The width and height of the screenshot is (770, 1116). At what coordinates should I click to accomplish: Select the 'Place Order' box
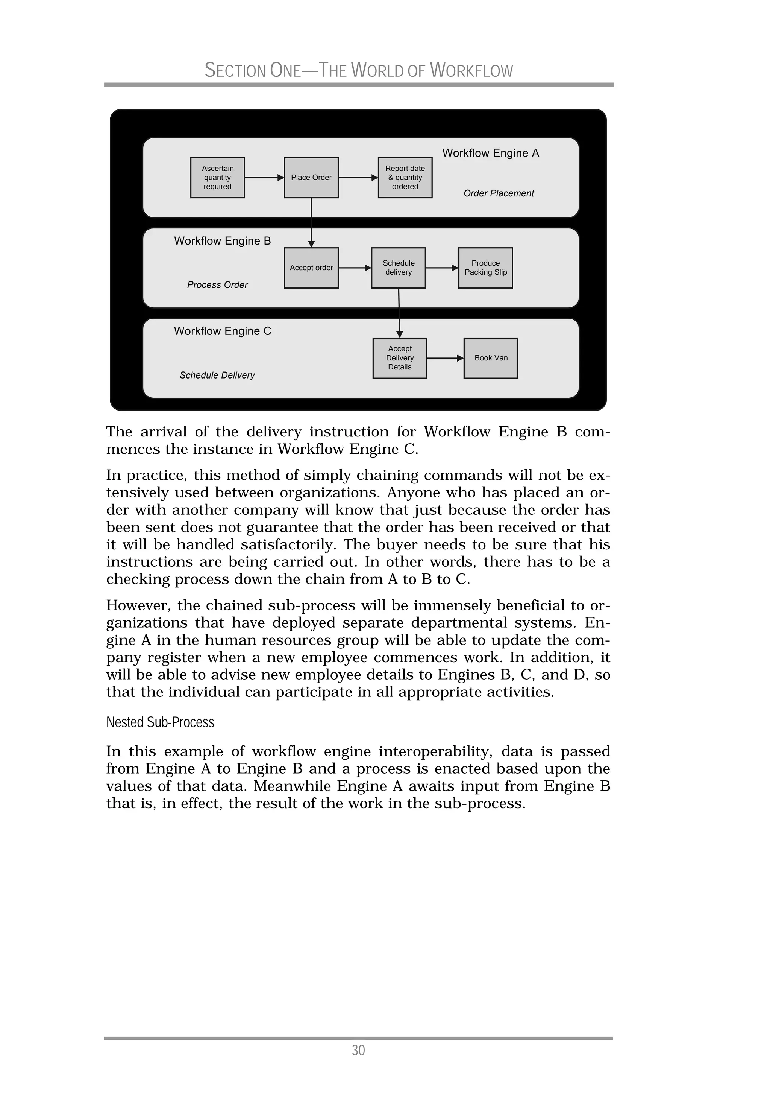311,178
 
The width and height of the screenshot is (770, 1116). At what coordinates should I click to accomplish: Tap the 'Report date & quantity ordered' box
405,178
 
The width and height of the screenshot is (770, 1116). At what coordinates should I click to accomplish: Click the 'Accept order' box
311,268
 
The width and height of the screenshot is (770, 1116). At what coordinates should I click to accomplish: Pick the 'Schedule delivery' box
398,268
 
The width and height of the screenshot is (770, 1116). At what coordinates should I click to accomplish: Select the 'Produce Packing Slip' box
485,268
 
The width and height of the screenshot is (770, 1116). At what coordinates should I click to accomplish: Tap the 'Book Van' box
491,358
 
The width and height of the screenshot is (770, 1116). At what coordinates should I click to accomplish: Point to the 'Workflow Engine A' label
490,153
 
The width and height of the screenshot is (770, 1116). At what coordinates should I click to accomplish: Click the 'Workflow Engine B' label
223,241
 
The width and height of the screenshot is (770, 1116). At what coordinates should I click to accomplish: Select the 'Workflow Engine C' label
223,331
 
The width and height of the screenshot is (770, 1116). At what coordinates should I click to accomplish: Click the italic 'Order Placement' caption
499,193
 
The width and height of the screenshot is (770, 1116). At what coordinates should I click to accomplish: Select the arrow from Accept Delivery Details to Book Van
445,358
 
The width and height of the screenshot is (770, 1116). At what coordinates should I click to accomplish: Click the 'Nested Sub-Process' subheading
160,722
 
